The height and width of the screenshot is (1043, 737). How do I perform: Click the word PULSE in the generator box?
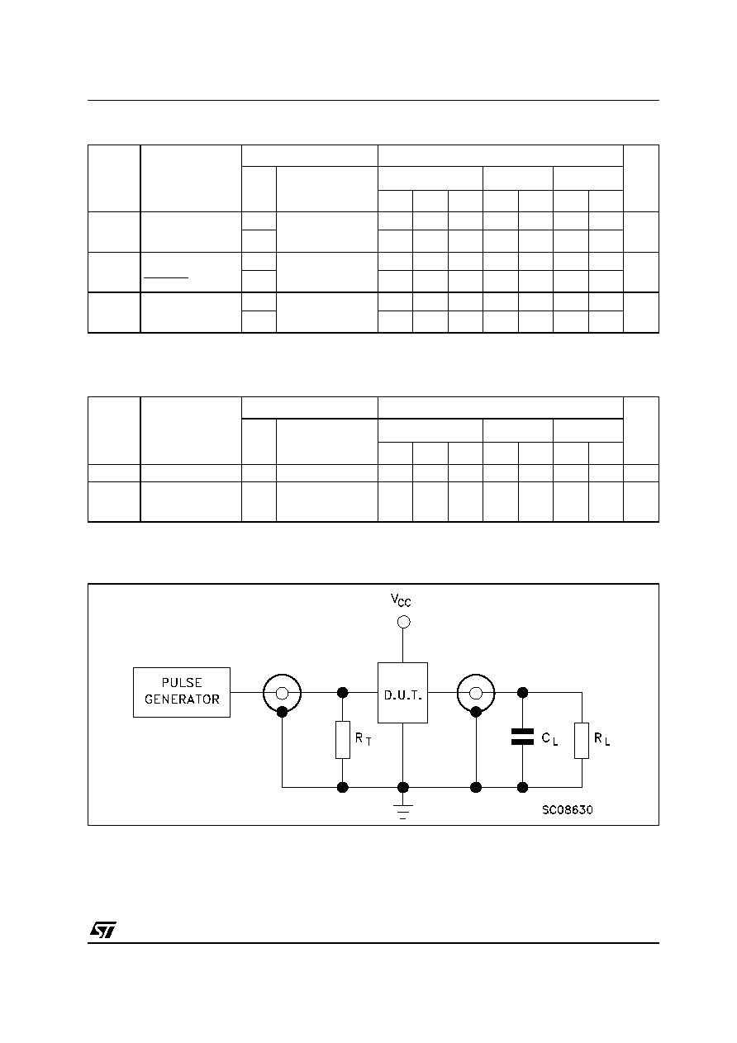click(x=182, y=683)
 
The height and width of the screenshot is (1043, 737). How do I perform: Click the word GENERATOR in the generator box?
click(x=182, y=699)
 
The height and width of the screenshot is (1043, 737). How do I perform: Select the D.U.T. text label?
click(x=402, y=695)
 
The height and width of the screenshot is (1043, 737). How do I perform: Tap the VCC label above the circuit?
click(x=401, y=600)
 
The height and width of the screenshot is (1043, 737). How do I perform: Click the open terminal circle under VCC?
click(x=403, y=622)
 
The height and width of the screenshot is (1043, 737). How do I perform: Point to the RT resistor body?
click(x=343, y=740)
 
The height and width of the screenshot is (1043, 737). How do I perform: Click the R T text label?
click(x=364, y=739)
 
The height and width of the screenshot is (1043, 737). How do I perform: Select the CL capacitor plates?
click(x=522, y=737)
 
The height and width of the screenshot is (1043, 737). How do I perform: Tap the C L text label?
click(x=549, y=739)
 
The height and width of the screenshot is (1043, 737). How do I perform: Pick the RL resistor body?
click(x=582, y=741)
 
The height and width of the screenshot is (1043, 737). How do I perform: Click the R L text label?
click(x=601, y=739)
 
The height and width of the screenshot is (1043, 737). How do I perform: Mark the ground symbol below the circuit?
click(x=403, y=812)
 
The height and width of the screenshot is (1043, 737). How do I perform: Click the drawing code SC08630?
click(x=568, y=810)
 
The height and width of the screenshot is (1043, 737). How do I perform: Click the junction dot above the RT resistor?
click(x=342, y=692)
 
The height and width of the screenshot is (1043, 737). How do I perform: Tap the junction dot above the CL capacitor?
click(x=523, y=692)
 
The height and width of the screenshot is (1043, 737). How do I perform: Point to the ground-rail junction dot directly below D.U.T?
click(x=403, y=787)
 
